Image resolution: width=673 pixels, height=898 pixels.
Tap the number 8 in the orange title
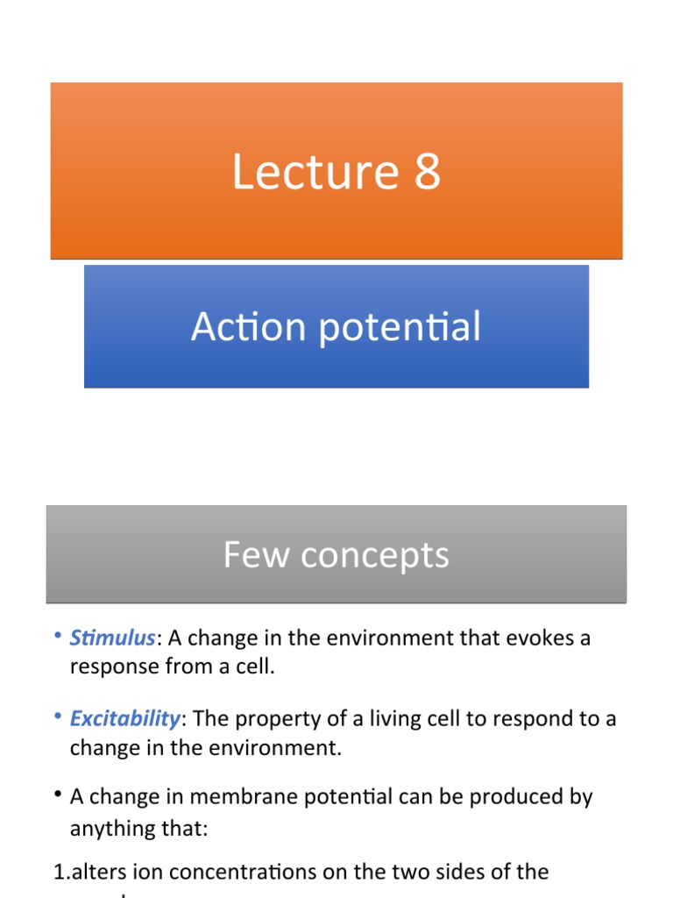coord(427,172)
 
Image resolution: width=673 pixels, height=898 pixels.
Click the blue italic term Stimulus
coord(112,638)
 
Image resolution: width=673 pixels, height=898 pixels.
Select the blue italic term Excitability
coord(124,719)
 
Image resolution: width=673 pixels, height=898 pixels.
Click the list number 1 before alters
coord(60,873)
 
